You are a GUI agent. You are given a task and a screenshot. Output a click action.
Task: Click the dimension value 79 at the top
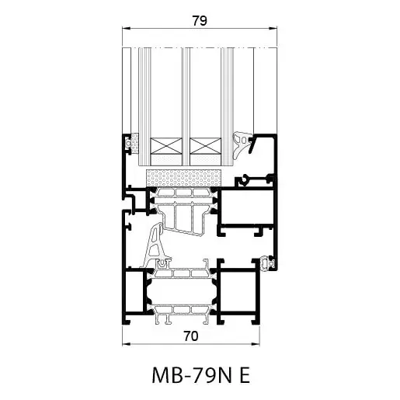pos(199,22)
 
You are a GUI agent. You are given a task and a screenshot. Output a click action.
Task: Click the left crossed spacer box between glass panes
pos(166,145)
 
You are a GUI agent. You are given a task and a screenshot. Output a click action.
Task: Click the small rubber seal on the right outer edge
pos(270,263)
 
